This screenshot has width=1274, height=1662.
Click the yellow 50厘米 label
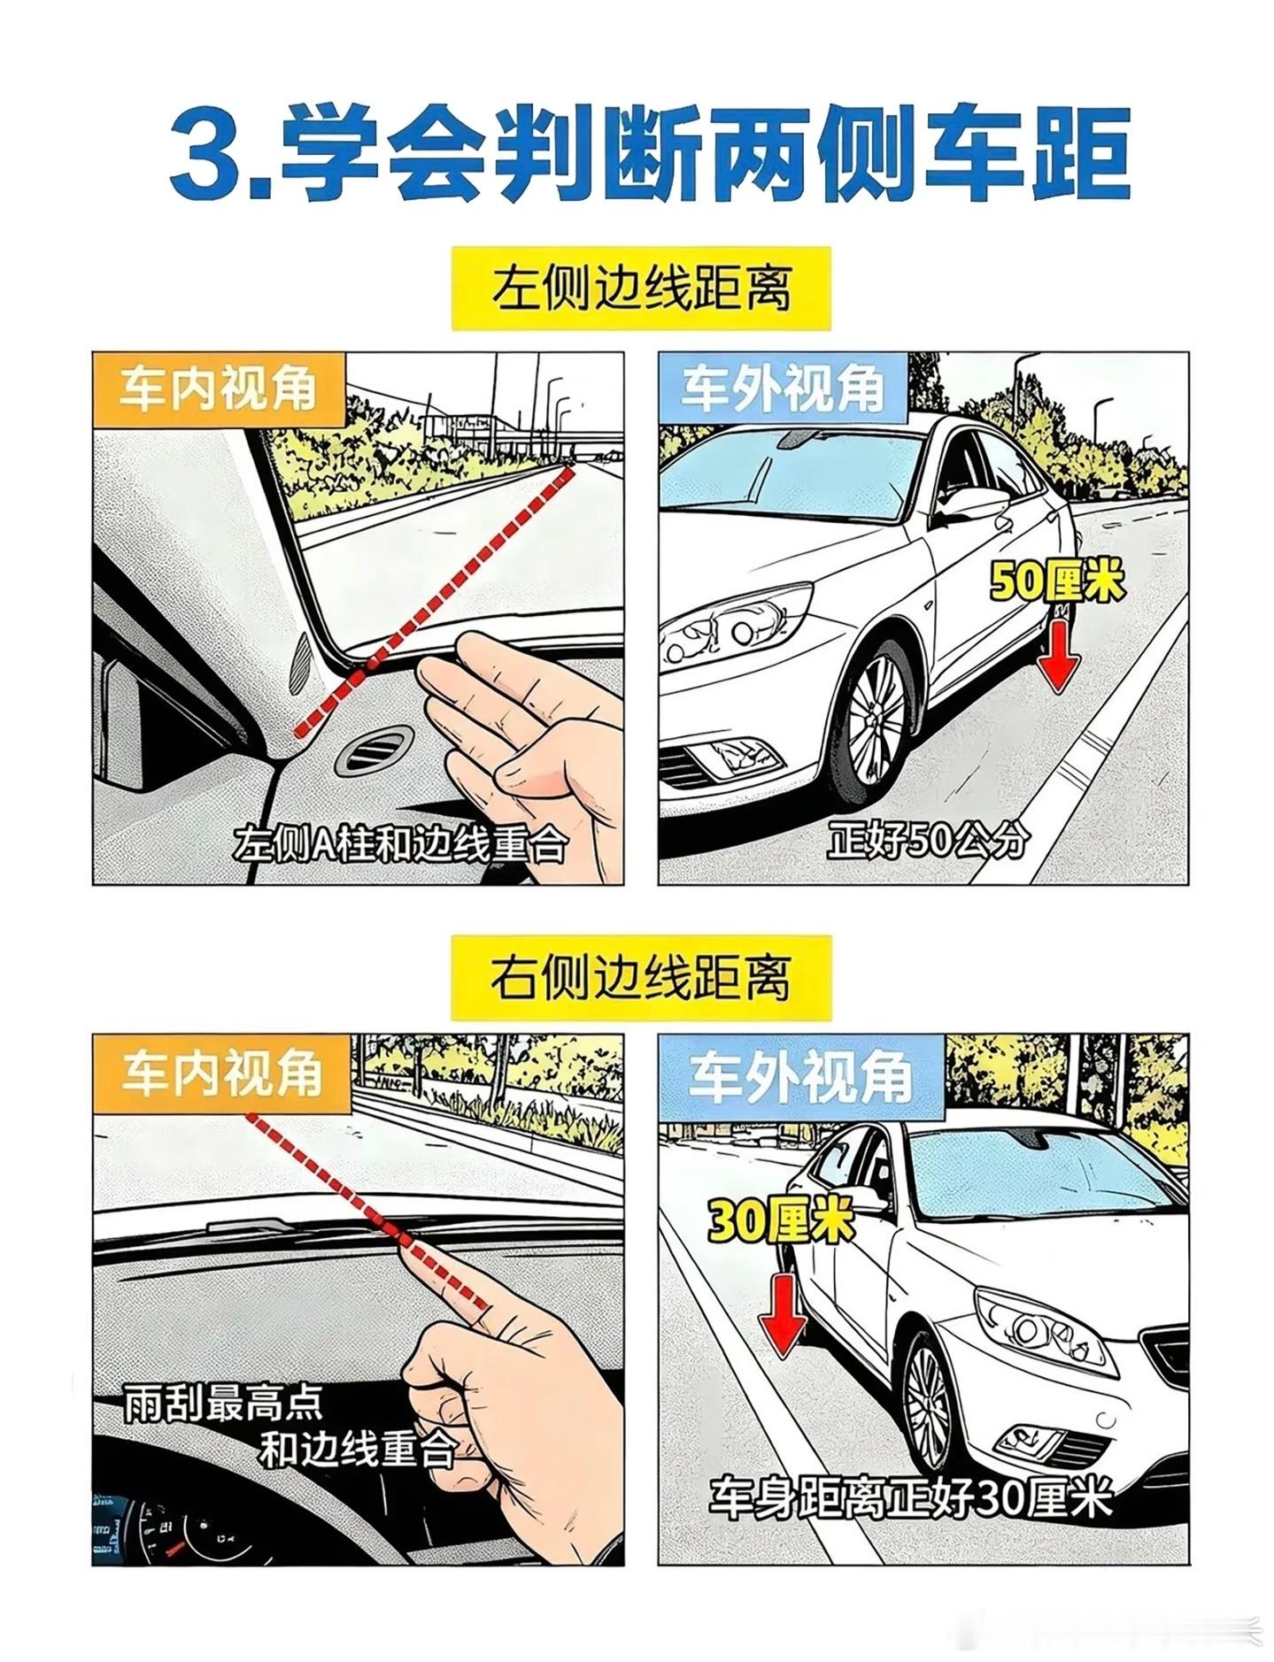point(1057,582)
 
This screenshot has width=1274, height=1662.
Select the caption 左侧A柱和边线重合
point(398,844)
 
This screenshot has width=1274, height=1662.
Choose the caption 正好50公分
point(927,840)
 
